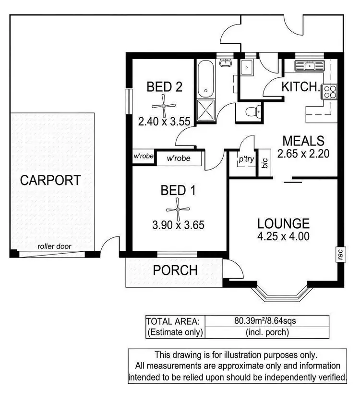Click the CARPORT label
click(50, 181)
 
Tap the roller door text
click(54, 246)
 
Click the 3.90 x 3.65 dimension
click(178, 224)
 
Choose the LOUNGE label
click(283, 223)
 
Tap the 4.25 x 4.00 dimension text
click(283, 236)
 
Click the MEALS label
click(303, 141)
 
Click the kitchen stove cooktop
click(330, 91)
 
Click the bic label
click(264, 163)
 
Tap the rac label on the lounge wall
click(339, 254)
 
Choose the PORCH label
click(175, 270)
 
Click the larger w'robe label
click(178, 158)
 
